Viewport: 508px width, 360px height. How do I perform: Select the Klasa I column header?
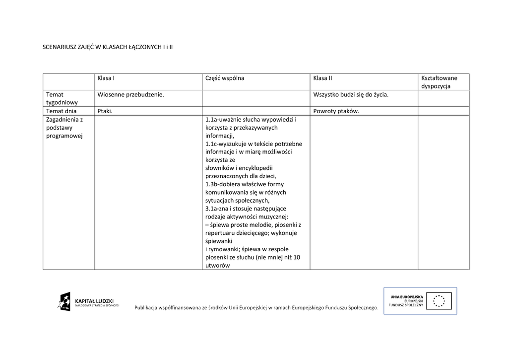click(x=106, y=78)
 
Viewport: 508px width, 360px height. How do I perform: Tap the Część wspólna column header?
click(x=225, y=78)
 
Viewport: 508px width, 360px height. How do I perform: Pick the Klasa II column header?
click(x=322, y=78)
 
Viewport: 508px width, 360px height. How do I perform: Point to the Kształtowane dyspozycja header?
click(x=439, y=82)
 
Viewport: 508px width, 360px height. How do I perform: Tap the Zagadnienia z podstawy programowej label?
click(x=64, y=128)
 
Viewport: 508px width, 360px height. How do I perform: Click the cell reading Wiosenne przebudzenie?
click(x=130, y=94)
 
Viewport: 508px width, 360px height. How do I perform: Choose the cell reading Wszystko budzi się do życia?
click(x=351, y=94)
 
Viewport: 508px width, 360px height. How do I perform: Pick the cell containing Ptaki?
click(x=105, y=111)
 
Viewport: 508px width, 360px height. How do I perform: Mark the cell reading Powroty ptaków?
click(x=336, y=111)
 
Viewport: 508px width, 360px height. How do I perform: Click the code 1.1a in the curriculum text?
click(x=211, y=120)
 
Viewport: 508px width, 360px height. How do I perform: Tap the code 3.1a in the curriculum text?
click(x=211, y=209)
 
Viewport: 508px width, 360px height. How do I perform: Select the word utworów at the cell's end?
click(x=217, y=265)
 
